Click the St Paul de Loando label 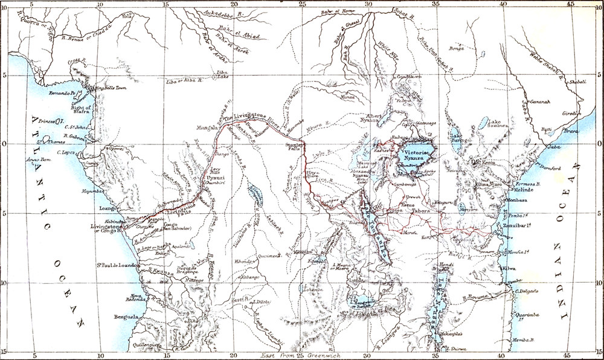click(x=118, y=265)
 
